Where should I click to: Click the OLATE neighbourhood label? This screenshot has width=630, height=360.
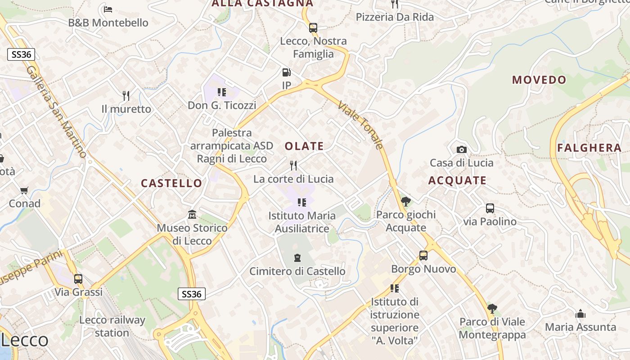tap(304, 146)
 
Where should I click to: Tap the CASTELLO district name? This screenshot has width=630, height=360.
tap(171, 183)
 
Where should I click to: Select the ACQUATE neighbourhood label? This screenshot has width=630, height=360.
tap(457, 180)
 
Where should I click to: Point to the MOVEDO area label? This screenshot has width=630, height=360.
tap(539, 80)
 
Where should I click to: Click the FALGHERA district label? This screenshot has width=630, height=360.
tap(589, 148)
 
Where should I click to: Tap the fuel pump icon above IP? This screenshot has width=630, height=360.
tap(286, 72)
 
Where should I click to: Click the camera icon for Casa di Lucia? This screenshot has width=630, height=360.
tap(461, 149)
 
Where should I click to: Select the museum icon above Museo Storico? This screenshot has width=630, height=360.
tap(192, 214)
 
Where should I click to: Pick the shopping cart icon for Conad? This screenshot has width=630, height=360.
tap(24, 190)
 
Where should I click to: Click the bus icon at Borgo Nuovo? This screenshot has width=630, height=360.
tap(423, 256)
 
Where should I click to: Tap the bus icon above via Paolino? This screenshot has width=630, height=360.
tap(490, 208)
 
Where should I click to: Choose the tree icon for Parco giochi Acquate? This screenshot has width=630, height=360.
tap(405, 201)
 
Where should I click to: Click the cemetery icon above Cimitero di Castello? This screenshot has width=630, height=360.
tap(297, 258)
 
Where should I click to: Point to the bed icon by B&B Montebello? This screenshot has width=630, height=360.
tap(108, 9)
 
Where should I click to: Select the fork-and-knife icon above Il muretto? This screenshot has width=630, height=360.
tap(126, 95)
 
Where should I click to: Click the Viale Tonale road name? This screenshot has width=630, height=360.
tap(360, 125)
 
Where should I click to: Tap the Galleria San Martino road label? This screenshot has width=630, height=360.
tap(57, 112)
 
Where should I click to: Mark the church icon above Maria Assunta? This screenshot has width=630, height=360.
tap(580, 314)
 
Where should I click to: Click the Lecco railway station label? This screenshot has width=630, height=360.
tap(112, 326)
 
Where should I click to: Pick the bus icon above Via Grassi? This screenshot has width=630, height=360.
tap(78, 279)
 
